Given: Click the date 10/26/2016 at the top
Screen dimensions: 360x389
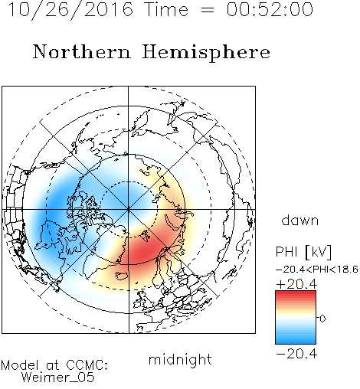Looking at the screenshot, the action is pyautogui.click(x=70, y=10).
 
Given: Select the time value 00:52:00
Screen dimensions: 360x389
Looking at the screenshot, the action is pyautogui.click(x=270, y=9).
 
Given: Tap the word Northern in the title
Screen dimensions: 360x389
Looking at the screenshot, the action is pyautogui.click(x=82, y=51).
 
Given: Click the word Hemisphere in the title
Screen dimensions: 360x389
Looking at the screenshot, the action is pyautogui.click(x=206, y=53).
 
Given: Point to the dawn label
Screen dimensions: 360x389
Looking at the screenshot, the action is pyautogui.click(x=300, y=220).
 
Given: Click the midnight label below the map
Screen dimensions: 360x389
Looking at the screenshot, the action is pyautogui.click(x=180, y=359).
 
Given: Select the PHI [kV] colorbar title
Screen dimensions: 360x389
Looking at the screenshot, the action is pyautogui.click(x=303, y=252).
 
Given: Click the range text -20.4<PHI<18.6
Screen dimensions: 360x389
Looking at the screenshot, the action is pyautogui.click(x=317, y=270).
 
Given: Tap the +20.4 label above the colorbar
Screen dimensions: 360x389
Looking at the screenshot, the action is pyautogui.click(x=296, y=284).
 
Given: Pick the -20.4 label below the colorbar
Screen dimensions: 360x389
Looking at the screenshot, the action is pyautogui.click(x=296, y=354).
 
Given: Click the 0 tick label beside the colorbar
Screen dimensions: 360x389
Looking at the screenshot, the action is pyautogui.click(x=322, y=319).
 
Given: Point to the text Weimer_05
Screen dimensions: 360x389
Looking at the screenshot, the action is pyautogui.click(x=58, y=377).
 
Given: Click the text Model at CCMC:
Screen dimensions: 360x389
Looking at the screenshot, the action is pyautogui.click(x=54, y=365).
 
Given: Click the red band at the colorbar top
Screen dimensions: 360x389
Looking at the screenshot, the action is pyautogui.click(x=296, y=294).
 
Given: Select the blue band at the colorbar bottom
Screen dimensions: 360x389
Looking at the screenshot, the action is pyautogui.click(x=296, y=341).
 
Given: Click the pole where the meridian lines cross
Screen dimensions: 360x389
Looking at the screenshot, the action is pyautogui.click(x=129, y=210).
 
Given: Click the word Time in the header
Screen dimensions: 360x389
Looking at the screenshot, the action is pyautogui.click(x=166, y=9).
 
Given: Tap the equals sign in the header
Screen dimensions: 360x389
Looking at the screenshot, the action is pyautogui.click(x=207, y=10).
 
